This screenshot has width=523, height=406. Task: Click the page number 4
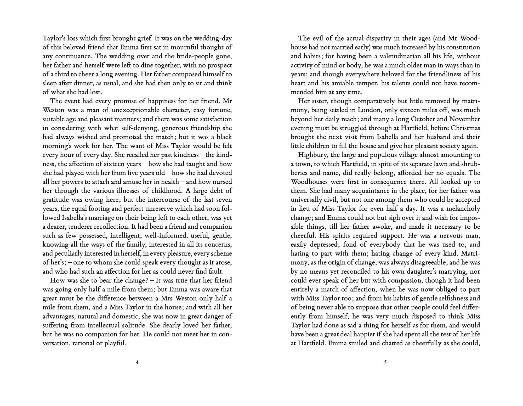coord(137,363)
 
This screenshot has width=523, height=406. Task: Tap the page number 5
coord(385,363)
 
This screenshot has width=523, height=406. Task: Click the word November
coord(464,119)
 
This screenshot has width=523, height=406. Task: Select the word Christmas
coord(465,128)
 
